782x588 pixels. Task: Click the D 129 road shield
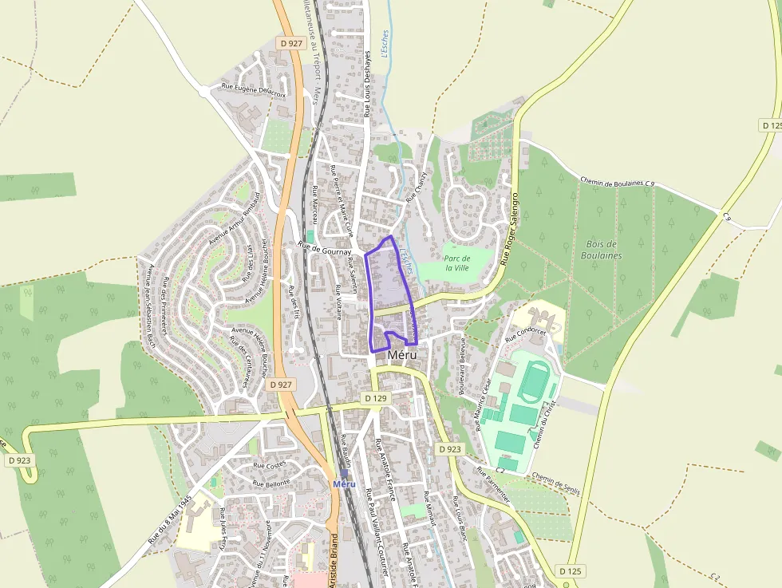click(x=375, y=397)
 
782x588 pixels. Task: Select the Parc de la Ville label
click(x=456, y=263)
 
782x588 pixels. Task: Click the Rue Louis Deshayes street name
click(x=368, y=85)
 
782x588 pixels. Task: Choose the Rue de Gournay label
click(x=325, y=251)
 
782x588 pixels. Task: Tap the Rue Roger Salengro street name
click(x=510, y=228)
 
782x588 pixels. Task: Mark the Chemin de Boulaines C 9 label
click(x=617, y=183)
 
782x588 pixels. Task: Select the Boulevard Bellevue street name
click(x=462, y=366)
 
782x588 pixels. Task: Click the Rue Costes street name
click(x=269, y=464)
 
